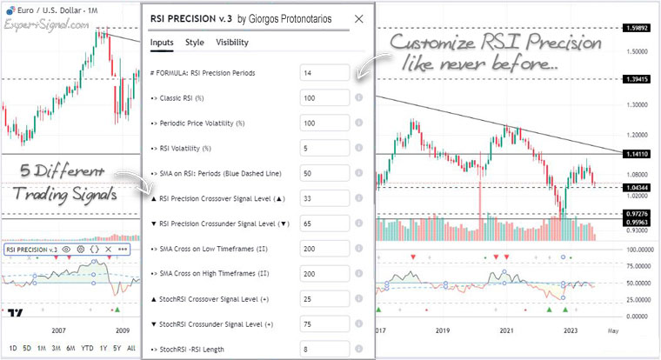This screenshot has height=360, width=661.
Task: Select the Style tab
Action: click(195, 42)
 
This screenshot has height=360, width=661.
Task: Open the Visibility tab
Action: click(231, 42)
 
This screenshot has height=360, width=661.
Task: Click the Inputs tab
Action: click(161, 42)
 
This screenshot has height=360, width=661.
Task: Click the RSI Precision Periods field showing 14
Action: click(324, 73)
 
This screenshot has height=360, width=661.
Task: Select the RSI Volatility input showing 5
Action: click(324, 149)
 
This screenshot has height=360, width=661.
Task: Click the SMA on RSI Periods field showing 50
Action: click(324, 174)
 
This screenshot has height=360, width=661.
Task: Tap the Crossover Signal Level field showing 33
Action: click(324, 199)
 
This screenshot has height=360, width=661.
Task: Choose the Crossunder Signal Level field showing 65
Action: click(324, 224)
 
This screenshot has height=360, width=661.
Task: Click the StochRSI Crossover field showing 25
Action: click(324, 299)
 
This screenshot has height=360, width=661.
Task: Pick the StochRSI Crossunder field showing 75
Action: click(324, 324)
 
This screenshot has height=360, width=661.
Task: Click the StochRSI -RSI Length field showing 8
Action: click(324, 350)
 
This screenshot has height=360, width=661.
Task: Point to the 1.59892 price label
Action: click(638, 29)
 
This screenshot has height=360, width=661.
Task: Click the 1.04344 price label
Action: click(638, 187)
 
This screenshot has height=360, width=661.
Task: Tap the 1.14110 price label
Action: click(638, 153)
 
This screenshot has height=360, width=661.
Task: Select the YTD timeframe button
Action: click(87, 348)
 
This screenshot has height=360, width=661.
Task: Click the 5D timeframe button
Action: click(26, 348)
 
